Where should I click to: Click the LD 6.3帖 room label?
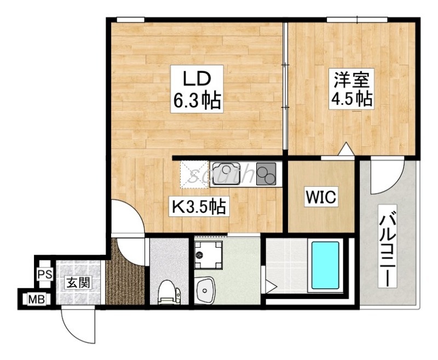coord(197,89)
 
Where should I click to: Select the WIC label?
coord(321,197)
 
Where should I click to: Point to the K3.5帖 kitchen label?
coord(199,207)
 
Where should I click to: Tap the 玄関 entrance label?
coord(78,283)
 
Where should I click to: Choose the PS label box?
coord(45,274)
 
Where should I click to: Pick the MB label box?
coord(37,300)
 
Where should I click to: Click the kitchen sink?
coord(226,173)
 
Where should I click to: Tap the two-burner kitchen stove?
coord(266,174)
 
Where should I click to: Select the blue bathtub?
coord(325,265)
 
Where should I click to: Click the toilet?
coord(169,292)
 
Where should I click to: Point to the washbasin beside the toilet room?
coord(205,290)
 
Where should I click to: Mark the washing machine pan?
coord(209,255)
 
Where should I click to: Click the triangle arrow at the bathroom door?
coord(271,286)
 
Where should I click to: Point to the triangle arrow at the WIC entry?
coord(347,149)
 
